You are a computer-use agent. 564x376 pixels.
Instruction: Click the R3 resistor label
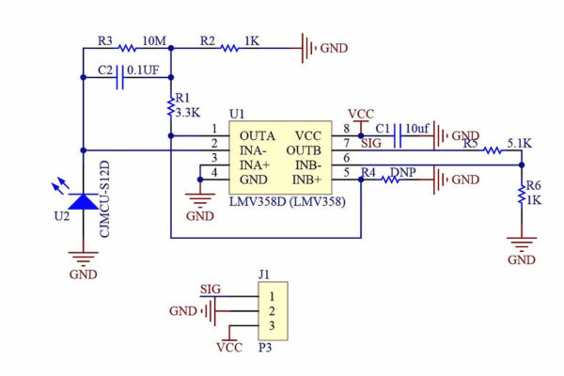pos(104,41)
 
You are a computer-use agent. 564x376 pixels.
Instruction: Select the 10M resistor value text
pos(155,41)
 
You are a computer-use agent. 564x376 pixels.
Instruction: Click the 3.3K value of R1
pos(188,112)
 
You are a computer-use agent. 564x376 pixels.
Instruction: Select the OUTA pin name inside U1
pos(251,135)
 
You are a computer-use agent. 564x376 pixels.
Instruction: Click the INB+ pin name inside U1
pos(310,179)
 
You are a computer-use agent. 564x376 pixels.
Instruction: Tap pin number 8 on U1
pos(346,128)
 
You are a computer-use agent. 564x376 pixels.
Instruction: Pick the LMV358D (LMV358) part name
pos(285,201)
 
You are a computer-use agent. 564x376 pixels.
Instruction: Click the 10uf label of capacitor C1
pos(416,128)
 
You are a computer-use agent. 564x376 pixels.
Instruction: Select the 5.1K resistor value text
pos(518,143)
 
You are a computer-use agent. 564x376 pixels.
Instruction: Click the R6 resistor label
pos(533,186)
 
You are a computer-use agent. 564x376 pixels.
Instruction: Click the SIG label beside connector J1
pos(211,289)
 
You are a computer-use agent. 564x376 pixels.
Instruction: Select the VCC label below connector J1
pos(229,347)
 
